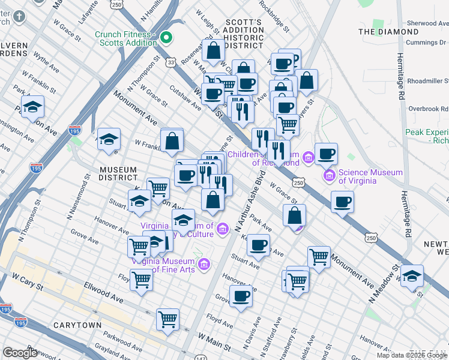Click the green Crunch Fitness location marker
[x=166, y=39]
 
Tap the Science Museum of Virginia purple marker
[x=329, y=176]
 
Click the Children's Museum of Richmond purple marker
[x=309, y=158]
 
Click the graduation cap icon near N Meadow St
[x=412, y=276]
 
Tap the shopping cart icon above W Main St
[x=167, y=319]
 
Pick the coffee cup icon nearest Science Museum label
[x=326, y=154]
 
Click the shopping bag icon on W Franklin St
[x=172, y=141]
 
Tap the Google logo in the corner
[x=20, y=353]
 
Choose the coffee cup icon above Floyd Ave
[x=241, y=296]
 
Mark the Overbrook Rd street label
[x=427, y=109]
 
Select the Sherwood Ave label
[x=427, y=23]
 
